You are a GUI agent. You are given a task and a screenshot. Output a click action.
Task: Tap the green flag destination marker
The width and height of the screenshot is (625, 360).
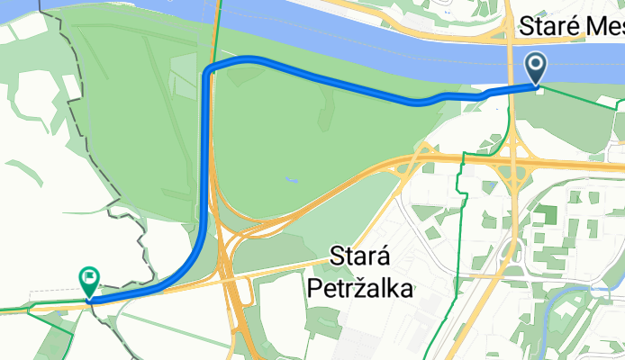pos(90,280)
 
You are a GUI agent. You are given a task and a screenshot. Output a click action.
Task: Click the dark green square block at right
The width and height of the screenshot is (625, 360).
pos(544,215)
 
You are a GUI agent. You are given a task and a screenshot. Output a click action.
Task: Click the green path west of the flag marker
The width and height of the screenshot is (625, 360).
pos(36,307)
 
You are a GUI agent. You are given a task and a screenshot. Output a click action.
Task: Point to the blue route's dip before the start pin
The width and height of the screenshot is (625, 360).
pos(419,102)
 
